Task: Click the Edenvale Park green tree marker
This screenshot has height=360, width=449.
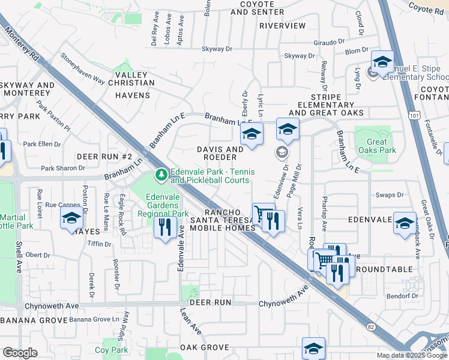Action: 161,175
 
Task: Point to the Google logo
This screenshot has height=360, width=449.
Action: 20,353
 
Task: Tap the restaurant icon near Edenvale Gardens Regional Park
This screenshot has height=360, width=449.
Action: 163,227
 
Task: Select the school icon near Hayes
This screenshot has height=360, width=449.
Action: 71,219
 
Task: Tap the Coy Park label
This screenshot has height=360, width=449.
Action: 111,350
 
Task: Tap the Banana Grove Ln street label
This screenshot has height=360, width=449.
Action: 92,319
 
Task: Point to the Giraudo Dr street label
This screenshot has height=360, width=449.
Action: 330,43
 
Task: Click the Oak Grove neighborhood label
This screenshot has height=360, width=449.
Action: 205,347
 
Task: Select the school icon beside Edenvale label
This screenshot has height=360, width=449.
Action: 404,223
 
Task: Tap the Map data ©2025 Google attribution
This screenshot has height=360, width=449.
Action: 411,355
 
